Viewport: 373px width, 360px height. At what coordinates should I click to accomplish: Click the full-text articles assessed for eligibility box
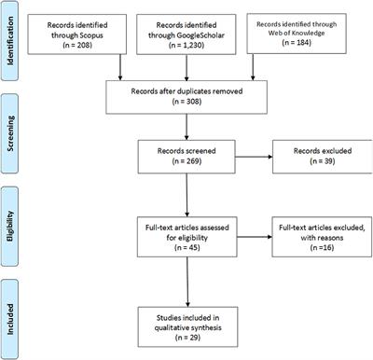coord(190,229)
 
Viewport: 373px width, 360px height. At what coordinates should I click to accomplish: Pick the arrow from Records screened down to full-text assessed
coord(190,190)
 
